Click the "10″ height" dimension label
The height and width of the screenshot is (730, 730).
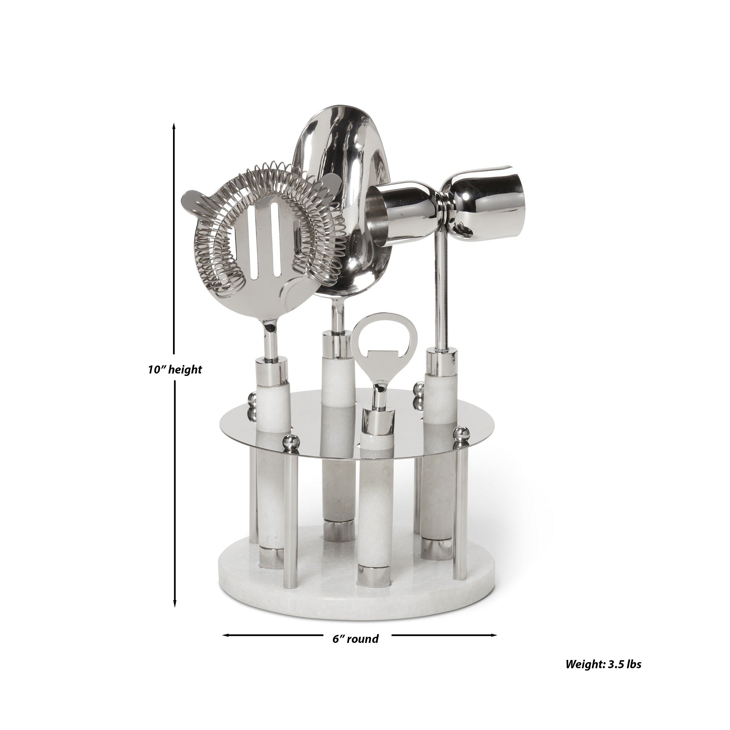174,369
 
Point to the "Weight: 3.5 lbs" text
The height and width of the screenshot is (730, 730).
603,675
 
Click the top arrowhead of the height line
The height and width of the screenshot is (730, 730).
174,126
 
